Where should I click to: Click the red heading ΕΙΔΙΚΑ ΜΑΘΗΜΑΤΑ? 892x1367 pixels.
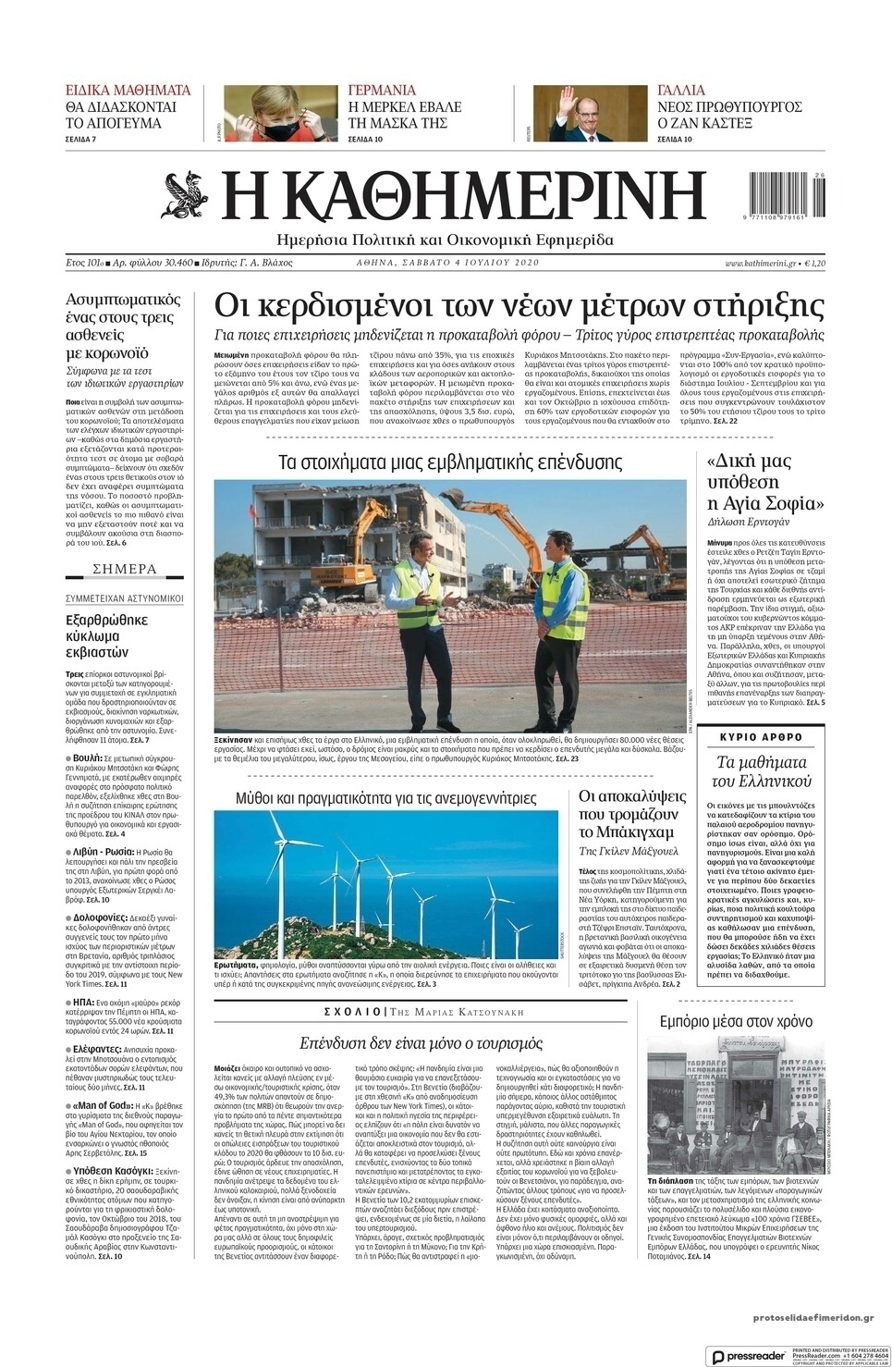coord(128,91)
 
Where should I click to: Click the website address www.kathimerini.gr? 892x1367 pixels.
coord(760,263)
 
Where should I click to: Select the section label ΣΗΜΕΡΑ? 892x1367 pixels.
coord(125,569)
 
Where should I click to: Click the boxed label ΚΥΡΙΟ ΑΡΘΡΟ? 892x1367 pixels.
coord(761,737)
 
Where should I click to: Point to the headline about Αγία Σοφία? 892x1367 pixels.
coord(764,483)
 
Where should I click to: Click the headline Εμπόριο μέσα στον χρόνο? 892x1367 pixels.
coord(736,1021)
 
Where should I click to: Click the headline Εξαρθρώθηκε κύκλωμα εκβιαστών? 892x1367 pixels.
coord(107,635)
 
